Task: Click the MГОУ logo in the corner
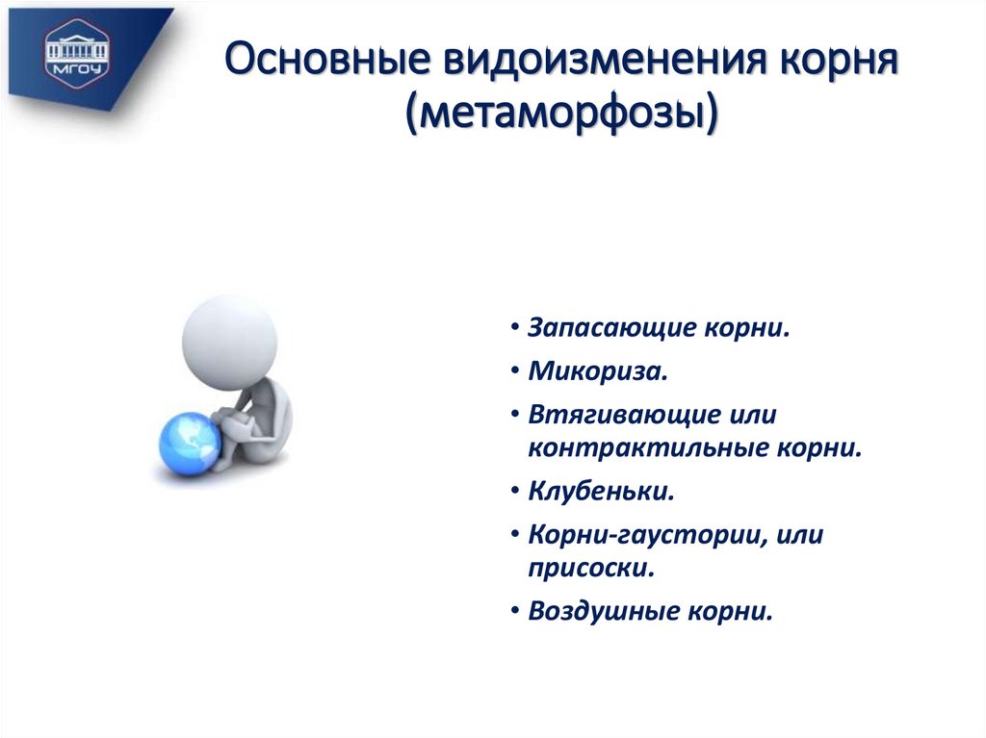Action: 78,51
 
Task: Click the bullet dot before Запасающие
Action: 517,329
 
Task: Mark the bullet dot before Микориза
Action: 517,372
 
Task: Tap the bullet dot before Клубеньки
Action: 517,493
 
